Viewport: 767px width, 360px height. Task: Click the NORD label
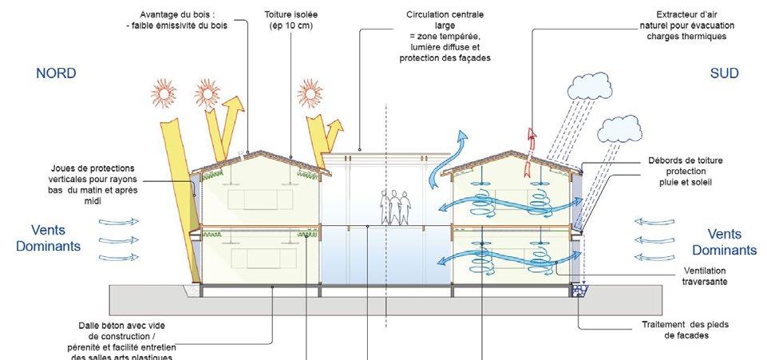(x=56, y=73)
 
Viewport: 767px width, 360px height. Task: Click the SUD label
(x=724, y=73)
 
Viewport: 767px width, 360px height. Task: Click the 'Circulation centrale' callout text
(x=444, y=15)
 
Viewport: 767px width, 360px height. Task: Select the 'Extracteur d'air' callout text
(x=695, y=15)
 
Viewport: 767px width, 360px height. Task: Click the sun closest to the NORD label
(x=160, y=95)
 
